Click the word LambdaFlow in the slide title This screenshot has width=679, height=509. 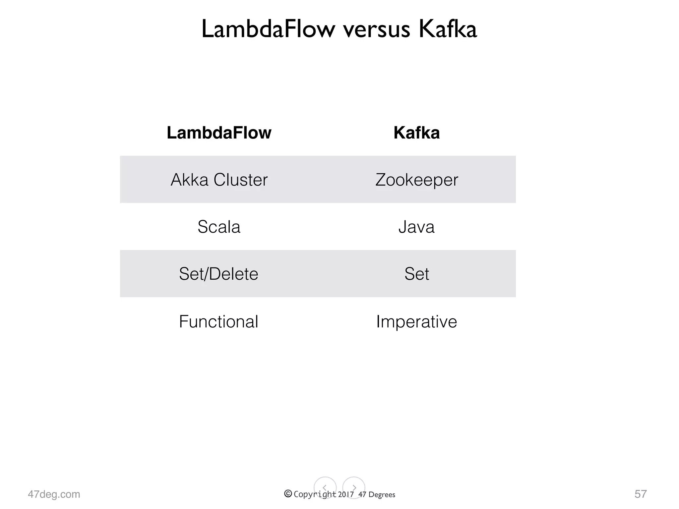(x=268, y=29)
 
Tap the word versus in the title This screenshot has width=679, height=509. (x=377, y=30)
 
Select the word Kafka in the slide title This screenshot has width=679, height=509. (x=448, y=29)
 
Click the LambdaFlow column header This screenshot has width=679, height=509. (x=219, y=133)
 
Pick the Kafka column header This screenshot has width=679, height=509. (x=416, y=133)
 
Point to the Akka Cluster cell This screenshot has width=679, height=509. (x=219, y=180)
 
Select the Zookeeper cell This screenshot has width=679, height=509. (x=416, y=180)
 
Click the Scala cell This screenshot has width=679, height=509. (x=219, y=227)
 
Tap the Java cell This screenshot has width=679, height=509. (x=416, y=227)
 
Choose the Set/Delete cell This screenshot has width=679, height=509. (x=218, y=274)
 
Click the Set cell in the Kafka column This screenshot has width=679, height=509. (x=416, y=274)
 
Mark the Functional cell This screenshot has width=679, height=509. (x=218, y=321)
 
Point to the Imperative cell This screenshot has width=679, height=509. (x=416, y=321)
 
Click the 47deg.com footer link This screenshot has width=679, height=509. (x=54, y=494)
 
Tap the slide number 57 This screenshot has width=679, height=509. (x=641, y=494)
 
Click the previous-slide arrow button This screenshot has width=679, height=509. (x=325, y=488)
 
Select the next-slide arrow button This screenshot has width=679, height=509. (x=354, y=488)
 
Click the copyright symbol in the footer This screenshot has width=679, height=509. (x=288, y=494)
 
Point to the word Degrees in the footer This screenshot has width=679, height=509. (x=382, y=495)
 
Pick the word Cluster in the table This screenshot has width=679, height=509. (x=240, y=180)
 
